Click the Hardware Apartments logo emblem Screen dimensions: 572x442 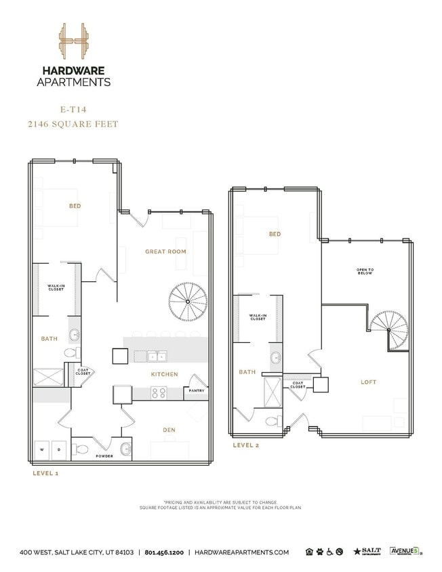[73, 41]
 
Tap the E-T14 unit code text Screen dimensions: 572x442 [73, 108]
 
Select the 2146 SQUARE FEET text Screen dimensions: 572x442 [73, 123]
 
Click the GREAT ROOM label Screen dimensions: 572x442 [165, 251]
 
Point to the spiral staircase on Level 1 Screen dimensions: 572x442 [188, 302]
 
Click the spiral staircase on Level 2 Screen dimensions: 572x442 [389, 330]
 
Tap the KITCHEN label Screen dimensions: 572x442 [164, 374]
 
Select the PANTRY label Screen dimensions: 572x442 [197, 390]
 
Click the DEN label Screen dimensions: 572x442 [169, 429]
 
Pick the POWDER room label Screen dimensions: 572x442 [104, 456]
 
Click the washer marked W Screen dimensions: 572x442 [42, 449]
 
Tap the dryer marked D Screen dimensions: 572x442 [59, 449]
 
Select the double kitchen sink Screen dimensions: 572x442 [157, 356]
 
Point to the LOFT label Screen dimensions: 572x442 [368, 382]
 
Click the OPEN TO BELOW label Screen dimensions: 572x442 [365, 272]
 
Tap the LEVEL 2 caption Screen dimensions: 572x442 [246, 445]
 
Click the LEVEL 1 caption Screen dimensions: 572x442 [45, 473]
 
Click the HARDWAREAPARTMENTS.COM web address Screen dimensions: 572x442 [241, 552]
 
